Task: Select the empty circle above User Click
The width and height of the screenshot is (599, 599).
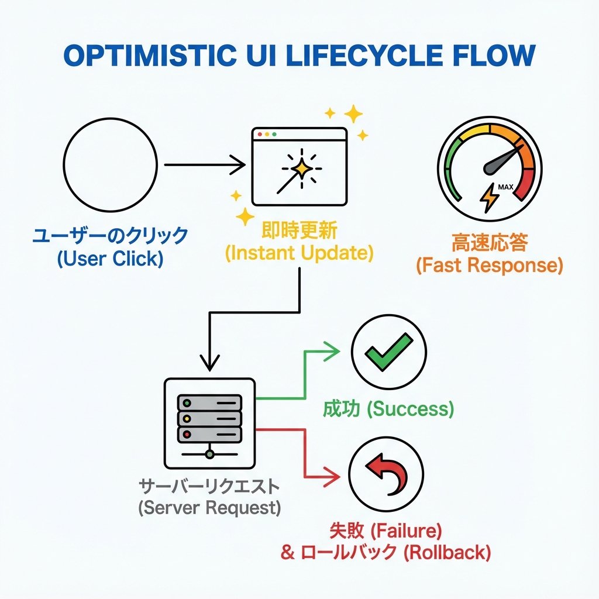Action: (111, 166)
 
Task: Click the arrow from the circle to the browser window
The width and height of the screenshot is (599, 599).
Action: (204, 165)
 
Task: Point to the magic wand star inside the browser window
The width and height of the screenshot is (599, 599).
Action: (301, 168)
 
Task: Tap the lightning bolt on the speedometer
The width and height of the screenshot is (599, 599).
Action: (489, 198)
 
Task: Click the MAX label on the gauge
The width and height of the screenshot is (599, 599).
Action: (505, 187)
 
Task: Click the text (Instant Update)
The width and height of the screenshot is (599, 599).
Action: (299, 253)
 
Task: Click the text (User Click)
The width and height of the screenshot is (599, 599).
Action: (111, 258)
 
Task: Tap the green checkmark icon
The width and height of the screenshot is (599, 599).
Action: (388, 352)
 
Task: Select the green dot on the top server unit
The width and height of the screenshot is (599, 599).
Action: (187, 403)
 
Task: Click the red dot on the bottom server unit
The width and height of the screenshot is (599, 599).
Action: (187, 435)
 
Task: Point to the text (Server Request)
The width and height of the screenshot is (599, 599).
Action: (209, 508)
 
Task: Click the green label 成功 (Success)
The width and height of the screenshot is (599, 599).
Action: (388, 409)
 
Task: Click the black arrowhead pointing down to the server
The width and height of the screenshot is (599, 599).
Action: (209, 363)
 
